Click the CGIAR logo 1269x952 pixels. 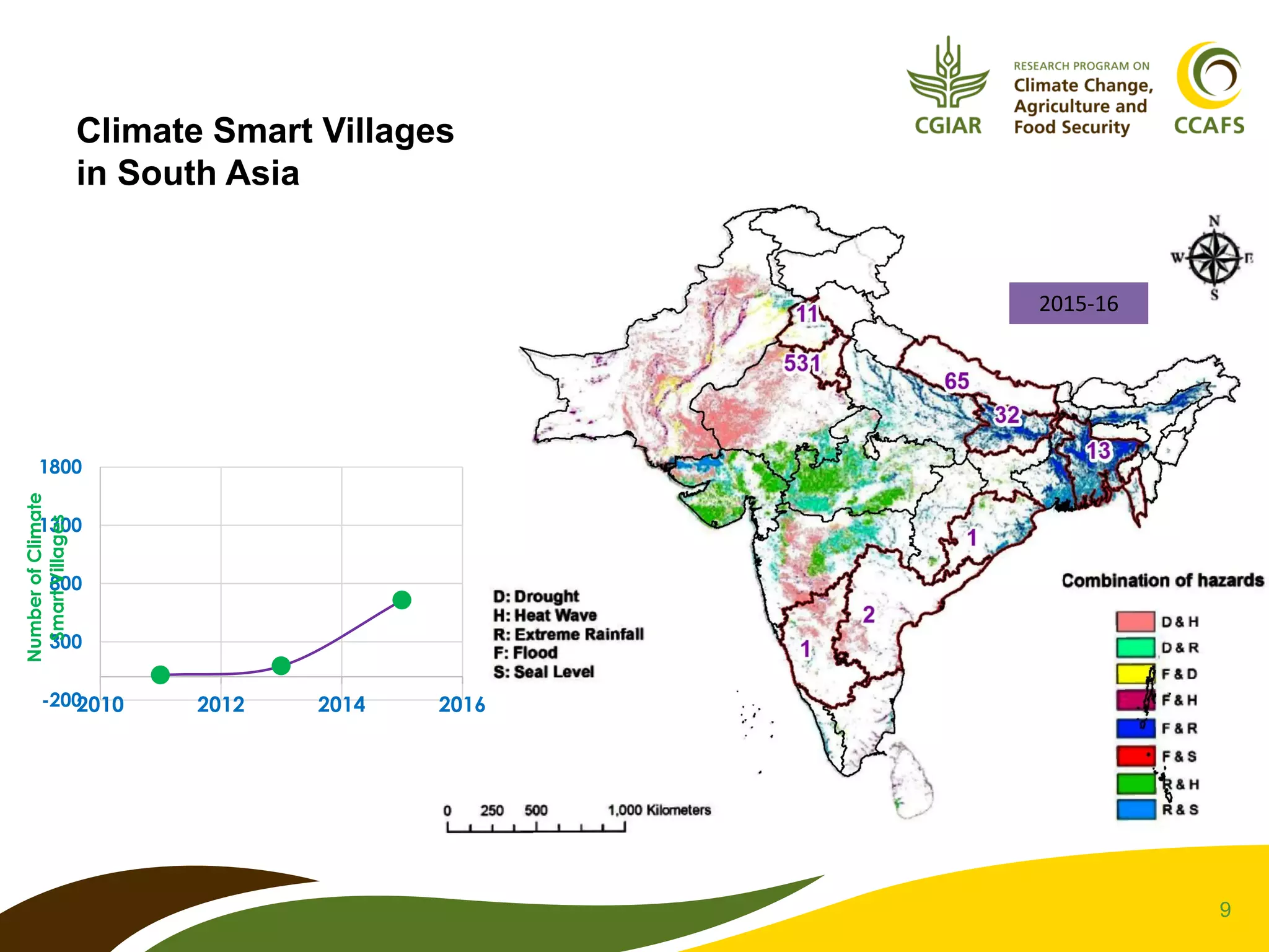[x=947, y=87]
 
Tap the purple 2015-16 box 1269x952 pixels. [x=1078, y=303]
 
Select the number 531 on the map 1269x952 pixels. [x=802, y=363]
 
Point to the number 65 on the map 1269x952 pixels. [x=957, y=381]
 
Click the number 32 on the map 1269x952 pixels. [x=1007, y=415]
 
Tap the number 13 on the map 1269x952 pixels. [x=1099, y=451]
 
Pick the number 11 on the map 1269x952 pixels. [x=807, y=314]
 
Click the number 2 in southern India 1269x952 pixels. [x=869, y=614]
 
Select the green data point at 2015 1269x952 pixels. [x=402, y=600]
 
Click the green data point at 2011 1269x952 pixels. [x=160, y=674]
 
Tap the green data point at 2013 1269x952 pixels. [x=281, y=666]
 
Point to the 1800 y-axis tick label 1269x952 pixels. [x=61, y=467]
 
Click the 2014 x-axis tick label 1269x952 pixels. [x=341, y=705]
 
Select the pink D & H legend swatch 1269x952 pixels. [x=1135, y=621]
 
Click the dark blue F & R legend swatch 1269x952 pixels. [x=1135, y=728]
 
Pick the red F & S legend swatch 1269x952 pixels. [x=1135, y=756]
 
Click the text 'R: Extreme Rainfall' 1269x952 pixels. [x=568, y=634]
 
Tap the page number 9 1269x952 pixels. [x=1225, y=909]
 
